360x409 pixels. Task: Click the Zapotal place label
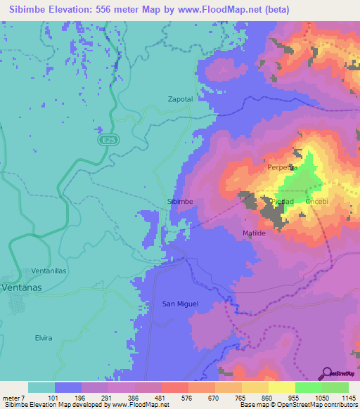pyautogui.click(x=180, y=99)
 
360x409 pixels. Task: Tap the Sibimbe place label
pyautogui.click(x=180, y=201)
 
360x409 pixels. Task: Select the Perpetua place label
pyautogui.click(x=283, y=168)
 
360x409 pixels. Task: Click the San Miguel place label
pyautogui.click(x=181, y=304)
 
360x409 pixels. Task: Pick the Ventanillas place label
pyautogui.click(x=49, y=271)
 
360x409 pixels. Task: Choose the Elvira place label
pyautogui.click(x=43, y=338)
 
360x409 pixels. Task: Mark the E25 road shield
pyautogui.click(x=104, y=141)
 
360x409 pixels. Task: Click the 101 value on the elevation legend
pyautogui.click(x=53, y=397)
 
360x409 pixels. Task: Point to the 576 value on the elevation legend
pyautogui.click(x=188, y=397)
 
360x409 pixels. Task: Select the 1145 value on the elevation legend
pyautogui.click(x=348, y=397)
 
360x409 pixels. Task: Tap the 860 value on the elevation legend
pyautogui.click(x=268, y=397)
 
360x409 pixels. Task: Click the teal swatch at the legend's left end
pyautogui.click(x=41, y=387)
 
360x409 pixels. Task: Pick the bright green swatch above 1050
pyautogui.click(x=308, y=387)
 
